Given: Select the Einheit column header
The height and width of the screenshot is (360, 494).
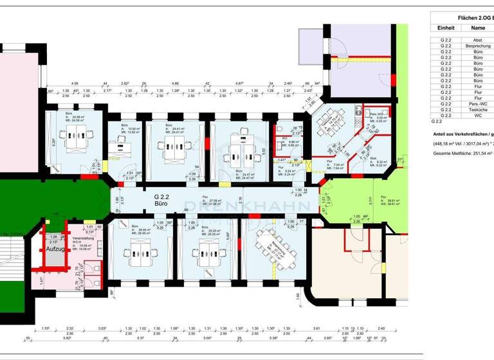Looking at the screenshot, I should pyautogui.click(x=446, y=28).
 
